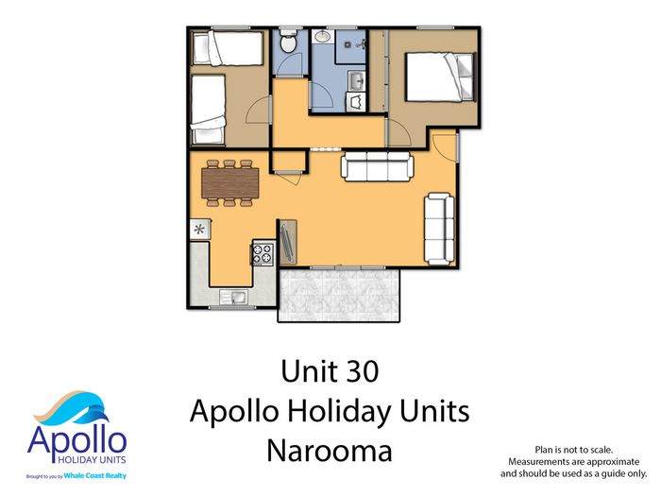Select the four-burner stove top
tap(263, 253)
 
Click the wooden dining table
tap(230, 182)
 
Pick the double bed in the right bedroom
tap(440, 77)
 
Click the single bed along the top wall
tap(229, 47)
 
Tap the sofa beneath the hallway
tap(377, 166)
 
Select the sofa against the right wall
tap(439, 229)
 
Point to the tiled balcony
tap(338, 295)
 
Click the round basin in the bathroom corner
tap(323, 36)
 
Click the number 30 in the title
tap(364, 371)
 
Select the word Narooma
tap(330, 451)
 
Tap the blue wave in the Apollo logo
tap(84, 407)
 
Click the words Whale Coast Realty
tap(94, 476)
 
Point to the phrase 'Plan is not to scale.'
tap(574, 450)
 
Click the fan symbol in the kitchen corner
tap(199, 230)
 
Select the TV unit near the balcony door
tap(288, 242)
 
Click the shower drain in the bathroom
tap(347, 44)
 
